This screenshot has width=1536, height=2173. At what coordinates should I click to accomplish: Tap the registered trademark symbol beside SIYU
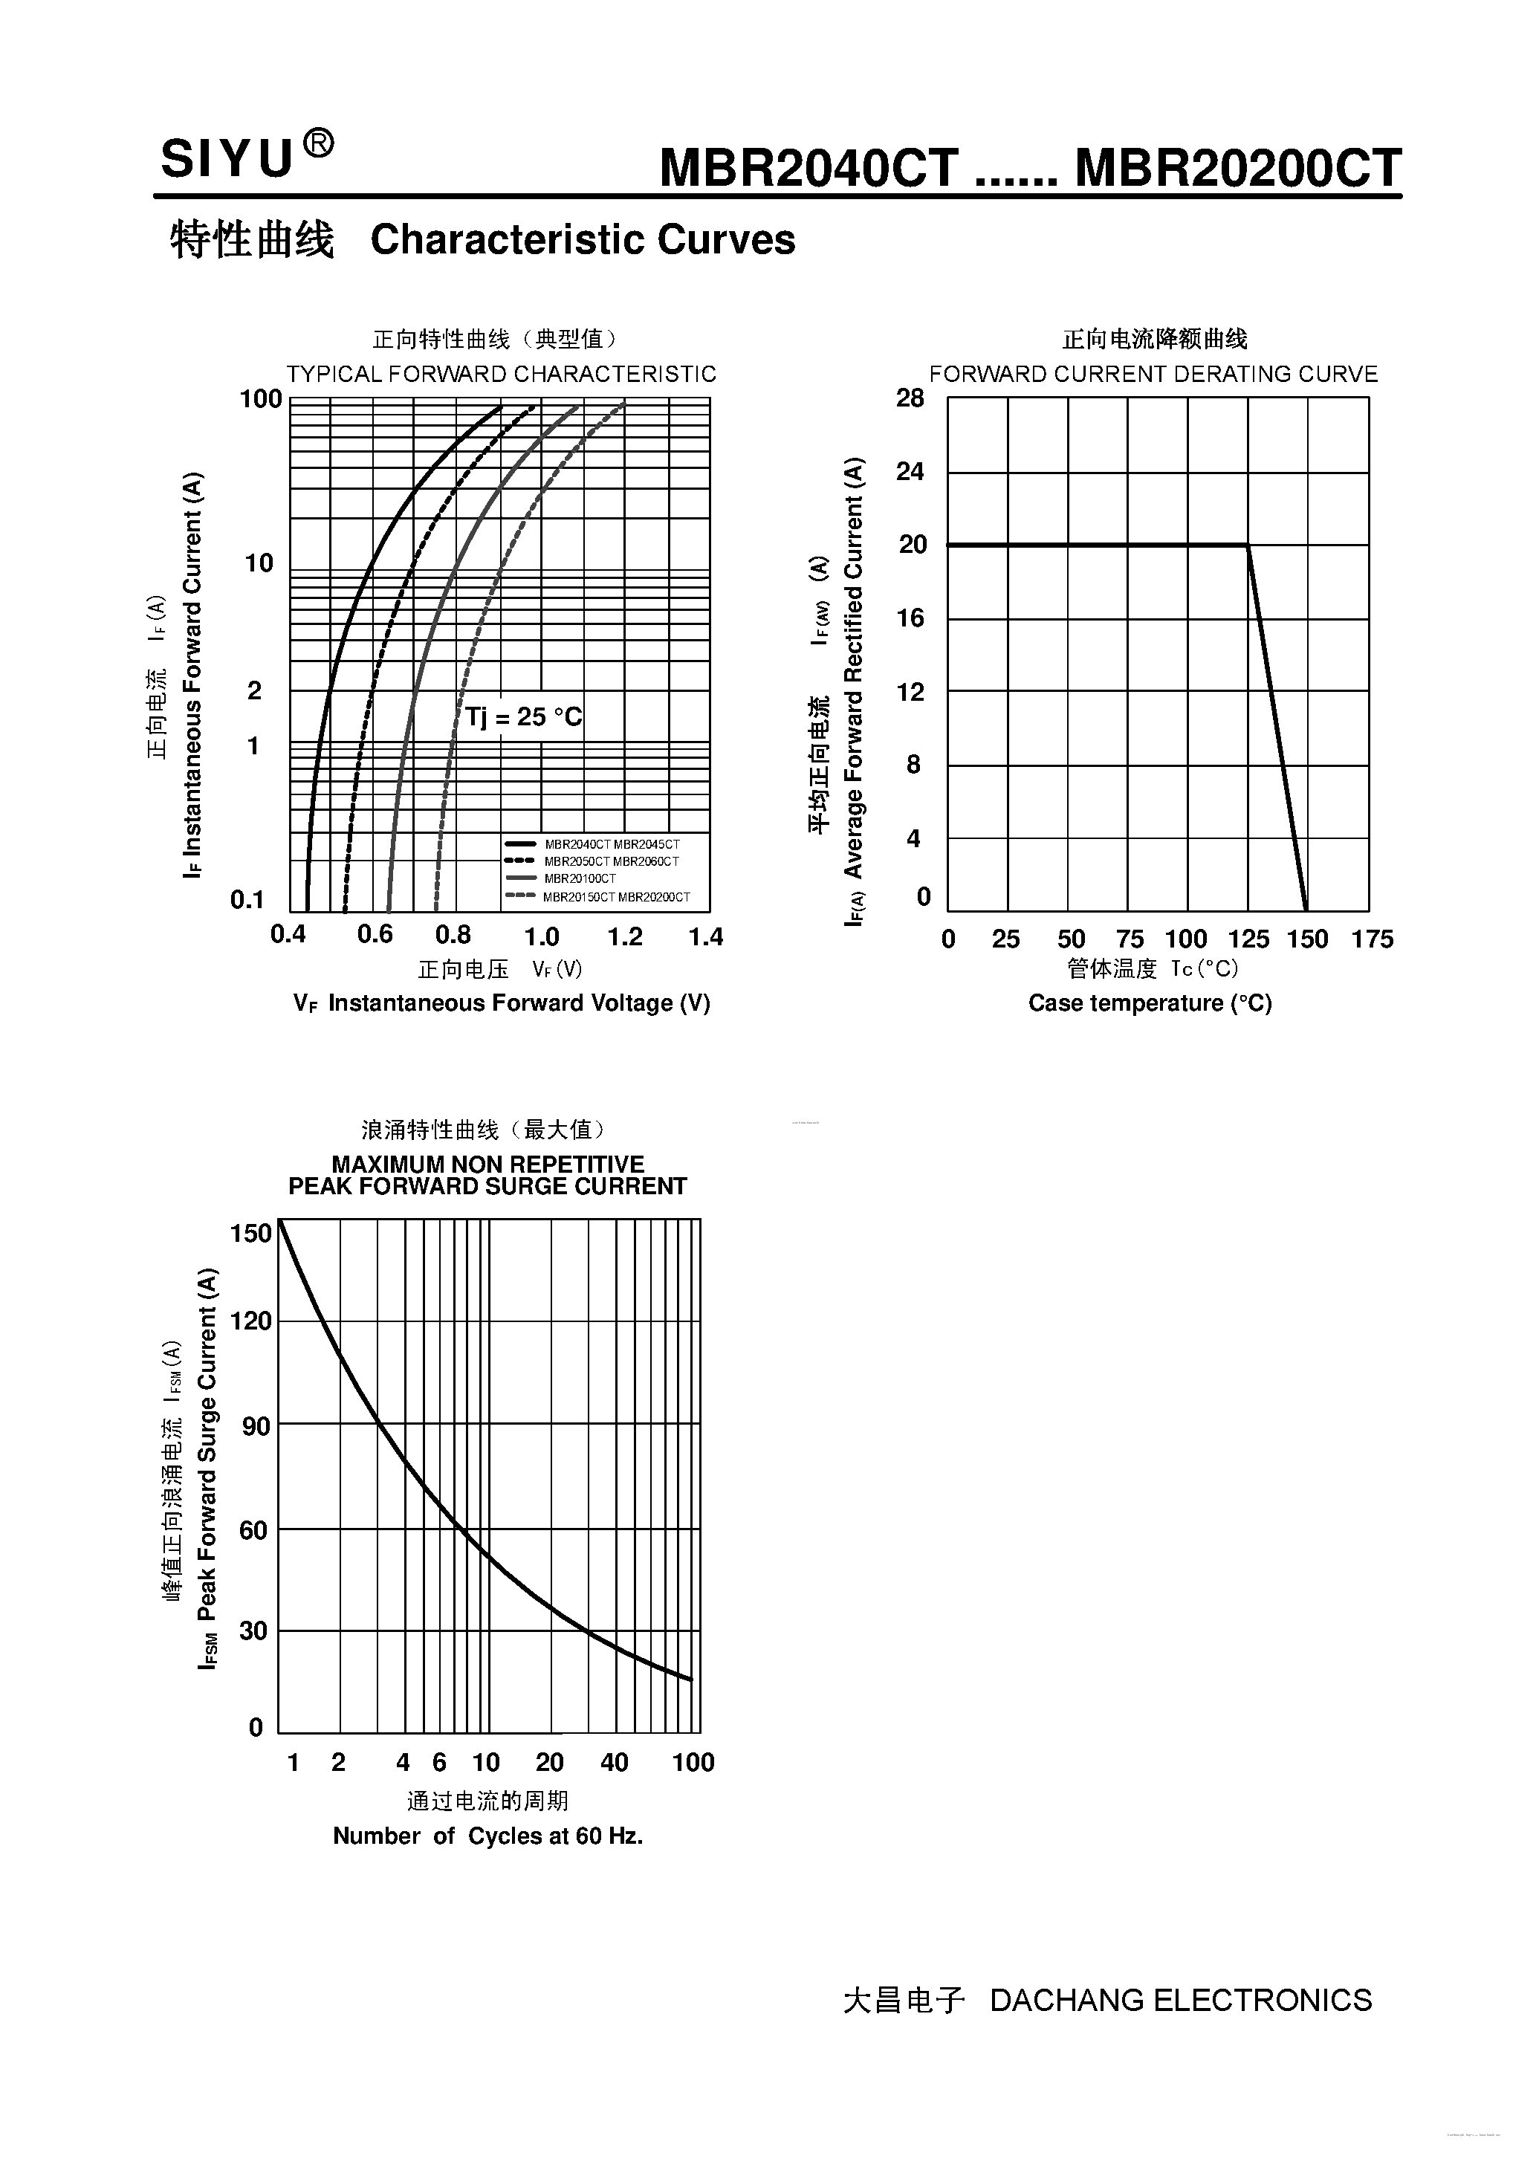318,145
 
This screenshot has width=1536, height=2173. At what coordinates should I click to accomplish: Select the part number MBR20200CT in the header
1238,169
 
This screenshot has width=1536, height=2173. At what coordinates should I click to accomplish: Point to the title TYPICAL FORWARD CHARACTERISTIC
501,374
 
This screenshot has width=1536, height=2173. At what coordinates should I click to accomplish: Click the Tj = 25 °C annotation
523,716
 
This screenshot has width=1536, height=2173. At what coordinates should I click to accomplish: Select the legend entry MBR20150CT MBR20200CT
616,896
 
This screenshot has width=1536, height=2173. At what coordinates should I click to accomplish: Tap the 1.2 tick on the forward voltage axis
625,937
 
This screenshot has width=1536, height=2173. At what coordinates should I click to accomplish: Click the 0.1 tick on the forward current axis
247,899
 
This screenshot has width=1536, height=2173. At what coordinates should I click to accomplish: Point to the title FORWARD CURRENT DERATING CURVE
1153,374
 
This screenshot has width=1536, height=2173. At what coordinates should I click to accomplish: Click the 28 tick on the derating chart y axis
910,398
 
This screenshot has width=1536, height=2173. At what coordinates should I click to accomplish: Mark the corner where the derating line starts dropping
1248,545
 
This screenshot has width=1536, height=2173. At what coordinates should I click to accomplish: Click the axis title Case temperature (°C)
1150,1003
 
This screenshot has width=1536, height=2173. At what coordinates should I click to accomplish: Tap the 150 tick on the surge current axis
250,1233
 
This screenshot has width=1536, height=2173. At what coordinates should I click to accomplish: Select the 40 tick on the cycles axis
615,1762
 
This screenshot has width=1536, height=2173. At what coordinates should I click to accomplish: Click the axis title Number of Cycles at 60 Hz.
487,1836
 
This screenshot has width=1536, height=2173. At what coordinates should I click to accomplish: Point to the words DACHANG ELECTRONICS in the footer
1180,2000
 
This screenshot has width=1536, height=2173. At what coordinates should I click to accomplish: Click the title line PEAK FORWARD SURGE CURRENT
487,1187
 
